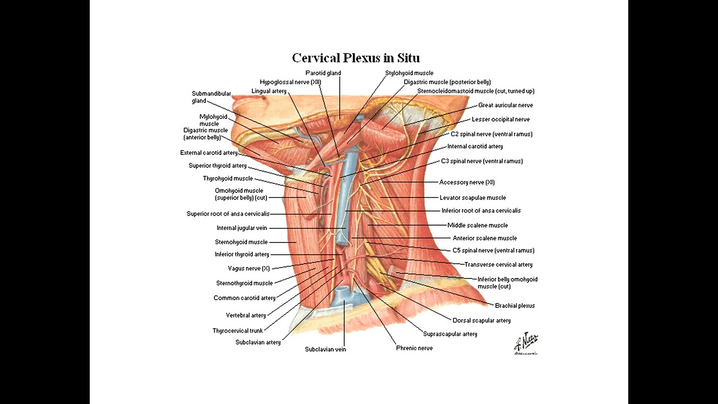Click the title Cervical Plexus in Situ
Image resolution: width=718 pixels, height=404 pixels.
pyautogui.click(x=356, y=58)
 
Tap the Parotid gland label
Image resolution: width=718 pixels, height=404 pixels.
pyautogui.click(x=323, y=73)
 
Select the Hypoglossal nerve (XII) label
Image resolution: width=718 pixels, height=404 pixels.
pyautogui.click(x=291, y=82)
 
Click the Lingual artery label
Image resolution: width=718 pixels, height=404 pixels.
pyautogui.click(x=269, y=91)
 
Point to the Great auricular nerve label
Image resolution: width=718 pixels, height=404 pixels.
pyautogui.click(x=505, y=105)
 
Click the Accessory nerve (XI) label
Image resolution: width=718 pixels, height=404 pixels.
pyautogui.click(x=467, y=182)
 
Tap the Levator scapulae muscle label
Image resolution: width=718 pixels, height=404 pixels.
pyautogui.click(x=473, y=198)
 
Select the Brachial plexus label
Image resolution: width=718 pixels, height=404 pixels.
pyautogui.click(x=515, y=306)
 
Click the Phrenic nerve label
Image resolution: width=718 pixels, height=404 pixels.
pyautogui.click(x=415, y=348)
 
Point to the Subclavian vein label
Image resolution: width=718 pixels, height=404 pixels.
pyautogui.click(x=325, y=349)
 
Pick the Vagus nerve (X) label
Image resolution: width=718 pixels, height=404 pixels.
pyautogui.click(x=248, y=268)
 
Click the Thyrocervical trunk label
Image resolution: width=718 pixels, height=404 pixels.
pyautogui.click(x=237, y=330)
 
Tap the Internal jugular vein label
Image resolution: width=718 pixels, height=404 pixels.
pyautogui.click(x=242, y=228)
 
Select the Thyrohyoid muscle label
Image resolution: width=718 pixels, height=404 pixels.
pyautogui.click(x=228, y=178)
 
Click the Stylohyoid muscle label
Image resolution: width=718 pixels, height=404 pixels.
pyautogui.click(x=409, y=73)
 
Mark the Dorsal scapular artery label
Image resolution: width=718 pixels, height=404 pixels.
pyautogui.click(x=481, y=320)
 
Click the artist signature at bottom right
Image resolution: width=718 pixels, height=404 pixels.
pyautogui.click(x=526, y=343)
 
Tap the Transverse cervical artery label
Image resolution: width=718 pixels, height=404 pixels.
pyautogui.click(x=499, y=264)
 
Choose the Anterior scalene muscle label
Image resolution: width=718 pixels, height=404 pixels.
pyautogui.click(x=485, y=238)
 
